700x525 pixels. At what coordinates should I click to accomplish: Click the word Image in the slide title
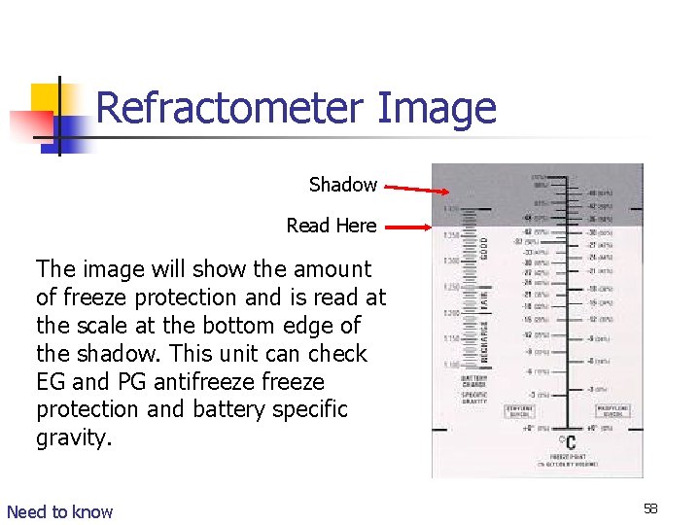436,108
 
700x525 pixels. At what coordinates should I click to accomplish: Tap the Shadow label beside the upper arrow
342,185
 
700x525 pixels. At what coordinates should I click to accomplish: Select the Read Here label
331,226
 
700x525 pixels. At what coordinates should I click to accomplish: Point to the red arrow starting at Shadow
407,187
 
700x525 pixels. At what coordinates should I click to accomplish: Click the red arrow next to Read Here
404,227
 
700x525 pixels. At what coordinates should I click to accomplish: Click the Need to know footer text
59,511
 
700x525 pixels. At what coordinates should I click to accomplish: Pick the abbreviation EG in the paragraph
51,382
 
